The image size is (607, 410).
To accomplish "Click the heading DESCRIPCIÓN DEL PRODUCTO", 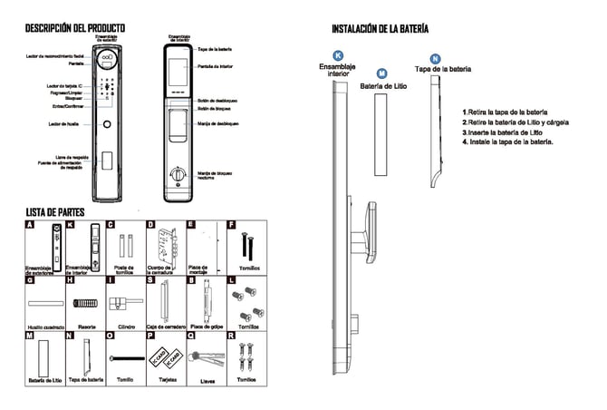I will pyautogui.click(x=74, y=29).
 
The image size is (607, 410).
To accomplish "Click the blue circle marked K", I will pyautogui.click(x=338, y=55).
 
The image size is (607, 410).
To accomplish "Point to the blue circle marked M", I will pyautogui.click(x=381, y=73).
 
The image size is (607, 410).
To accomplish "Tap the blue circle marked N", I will pyautogui.click(x=436, y=58).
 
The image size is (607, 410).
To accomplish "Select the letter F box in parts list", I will pyautogui.click(x=231, y=224).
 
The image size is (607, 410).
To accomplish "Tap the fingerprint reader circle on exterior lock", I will pyautogui.click(x=106, y=123).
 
